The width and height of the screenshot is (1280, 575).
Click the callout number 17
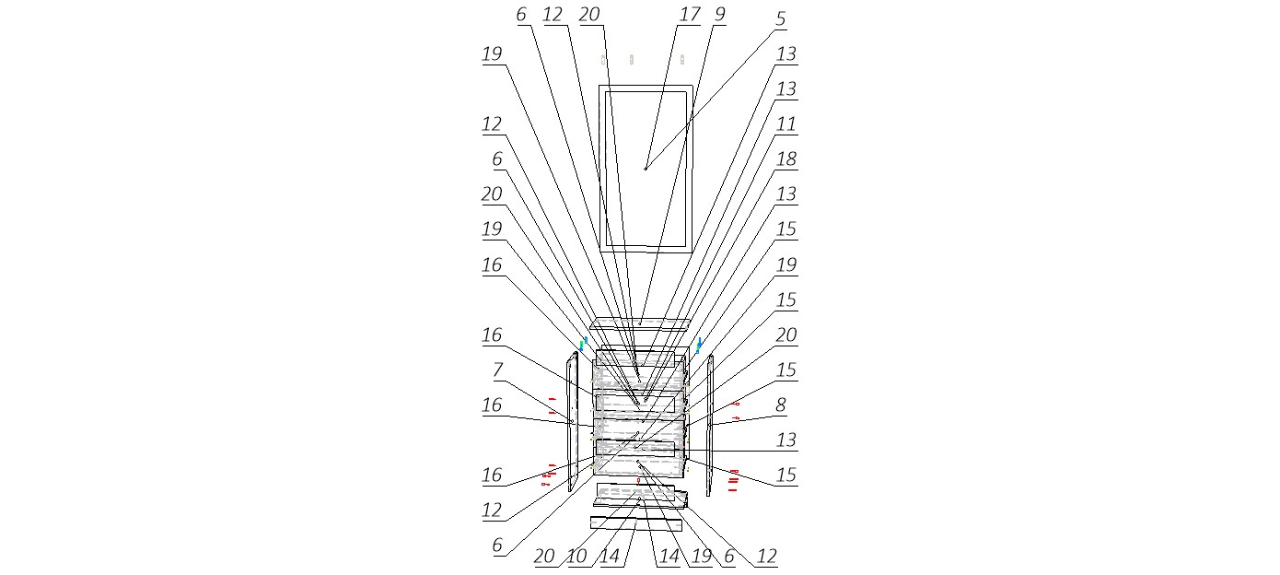(x=690, y=15)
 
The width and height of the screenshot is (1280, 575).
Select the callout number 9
(x=719, y=15)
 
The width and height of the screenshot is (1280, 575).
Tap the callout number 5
(x=780, y=18)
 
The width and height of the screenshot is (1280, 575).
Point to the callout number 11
(x=785, y=123)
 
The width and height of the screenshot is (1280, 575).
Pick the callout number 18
(x=785, y=159)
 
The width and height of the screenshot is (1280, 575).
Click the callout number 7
(x=497, y=370)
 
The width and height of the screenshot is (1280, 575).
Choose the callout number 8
(x=785, y=405)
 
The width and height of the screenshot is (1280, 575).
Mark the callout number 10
(x=577, y=557)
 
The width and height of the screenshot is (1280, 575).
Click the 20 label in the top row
(x=588, y=15)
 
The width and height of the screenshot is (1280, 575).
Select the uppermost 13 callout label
(x=785, y=54)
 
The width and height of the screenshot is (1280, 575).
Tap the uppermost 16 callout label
(x=492, y=264)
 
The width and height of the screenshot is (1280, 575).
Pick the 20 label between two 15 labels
(x=785, y=334)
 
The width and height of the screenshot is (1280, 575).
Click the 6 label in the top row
(x=521, y=15)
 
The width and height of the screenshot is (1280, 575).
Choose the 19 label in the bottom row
(x=701, y=557)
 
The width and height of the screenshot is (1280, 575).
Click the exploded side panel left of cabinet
(x=572, y=420)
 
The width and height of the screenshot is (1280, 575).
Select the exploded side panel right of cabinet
(x=710, y=424)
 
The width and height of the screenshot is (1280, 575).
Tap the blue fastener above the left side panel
(x=584, y=343)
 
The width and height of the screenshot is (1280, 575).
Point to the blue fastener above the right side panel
(x=699, y=346)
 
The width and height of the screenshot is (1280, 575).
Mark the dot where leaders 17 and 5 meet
(x=646, y=168)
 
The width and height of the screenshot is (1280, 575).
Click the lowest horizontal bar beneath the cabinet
(x=635, y=523)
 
